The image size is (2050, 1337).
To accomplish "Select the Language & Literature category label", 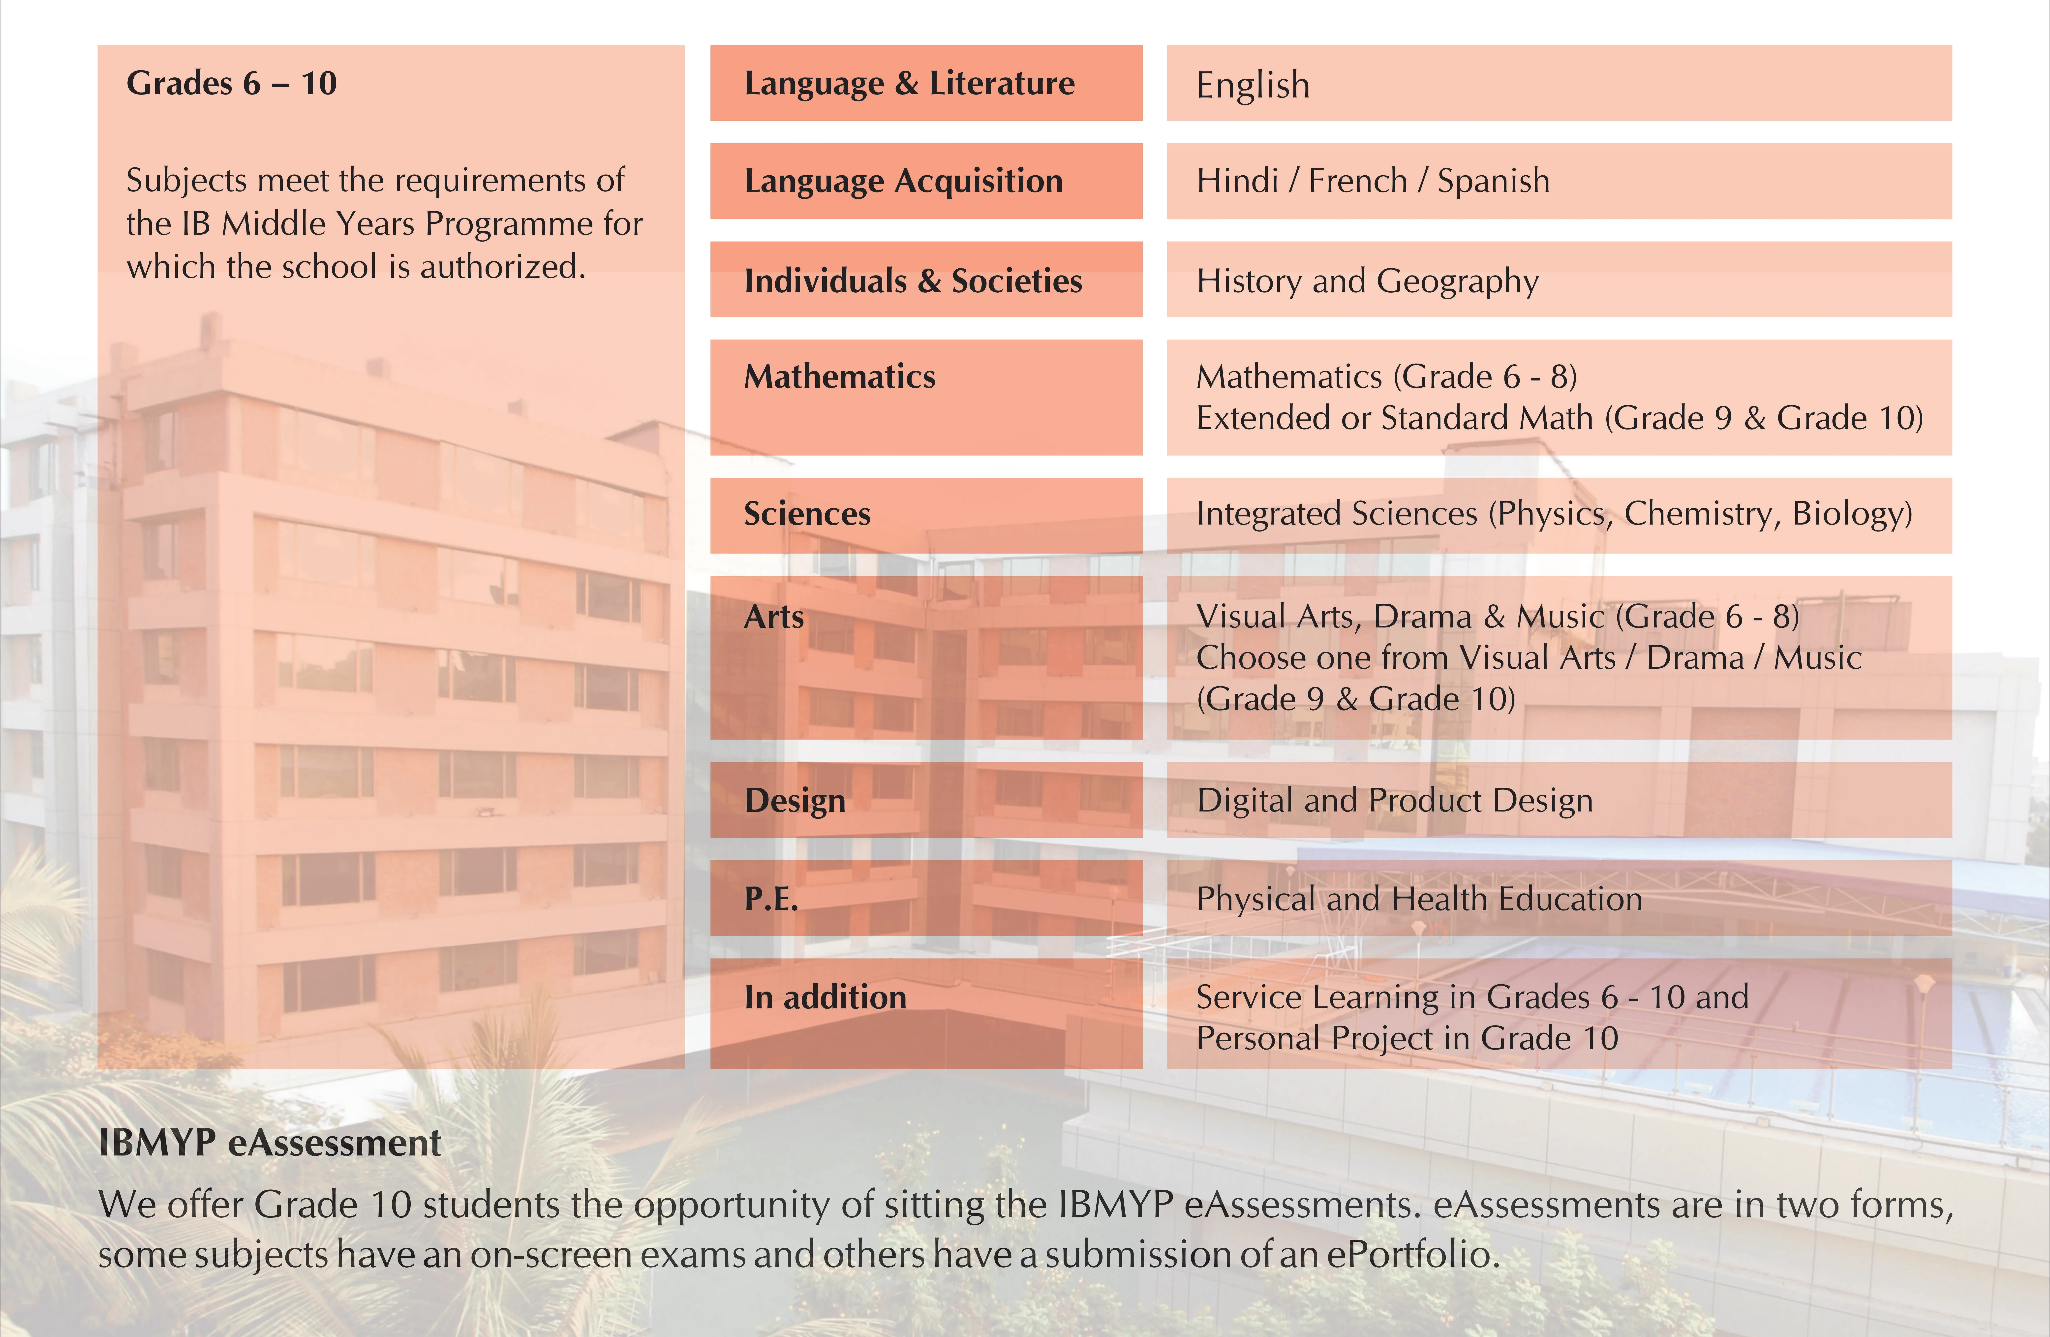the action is (909, 84).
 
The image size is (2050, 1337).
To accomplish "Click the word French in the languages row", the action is (1357, 181).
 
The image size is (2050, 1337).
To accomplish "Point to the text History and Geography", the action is (1367, 281).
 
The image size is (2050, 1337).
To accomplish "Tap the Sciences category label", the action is (807, 513).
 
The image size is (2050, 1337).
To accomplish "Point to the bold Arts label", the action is (773, 617).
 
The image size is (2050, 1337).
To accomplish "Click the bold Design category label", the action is (794, 800).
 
